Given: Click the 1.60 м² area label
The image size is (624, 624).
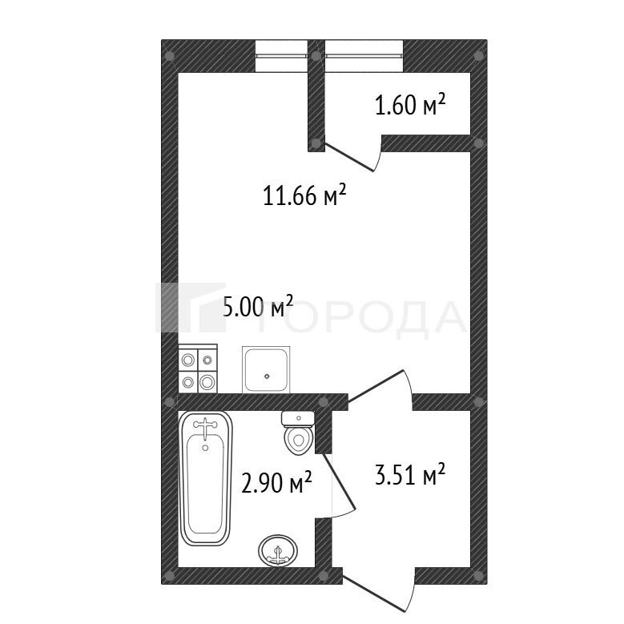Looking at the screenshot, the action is [410, 105].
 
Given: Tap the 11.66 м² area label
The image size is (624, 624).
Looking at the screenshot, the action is [305, 195].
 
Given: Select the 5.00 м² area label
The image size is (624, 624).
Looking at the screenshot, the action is [259, 307].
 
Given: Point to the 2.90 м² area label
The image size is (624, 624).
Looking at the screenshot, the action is [276, 482].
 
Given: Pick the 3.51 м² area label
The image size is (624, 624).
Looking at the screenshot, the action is [410, 474].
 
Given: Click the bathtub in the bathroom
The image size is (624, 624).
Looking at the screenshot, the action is [205, 478].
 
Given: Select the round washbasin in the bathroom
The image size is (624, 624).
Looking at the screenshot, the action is [278, 550].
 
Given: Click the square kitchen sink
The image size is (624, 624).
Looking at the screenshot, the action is [266, 369].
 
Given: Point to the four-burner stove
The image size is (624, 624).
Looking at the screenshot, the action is [198, 369].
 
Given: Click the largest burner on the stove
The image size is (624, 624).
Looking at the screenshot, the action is [207, 382].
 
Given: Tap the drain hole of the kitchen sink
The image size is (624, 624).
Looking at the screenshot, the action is [267, 376].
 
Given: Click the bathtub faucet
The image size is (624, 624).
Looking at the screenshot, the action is [205, 428].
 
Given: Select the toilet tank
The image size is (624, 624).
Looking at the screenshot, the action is [298, 419].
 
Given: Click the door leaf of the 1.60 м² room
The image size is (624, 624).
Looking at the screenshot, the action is [348, 158].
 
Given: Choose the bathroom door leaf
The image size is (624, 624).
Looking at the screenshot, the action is [339, 481].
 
